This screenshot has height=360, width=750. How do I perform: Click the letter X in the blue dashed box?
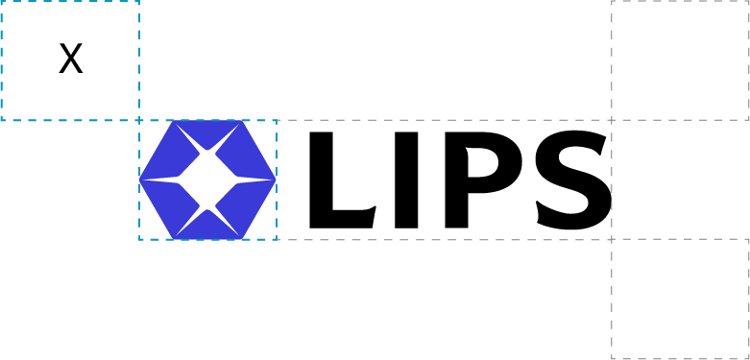point(71,59)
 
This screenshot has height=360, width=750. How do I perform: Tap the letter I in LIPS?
point(406,180)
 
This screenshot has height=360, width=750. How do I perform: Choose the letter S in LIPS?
point(573,180)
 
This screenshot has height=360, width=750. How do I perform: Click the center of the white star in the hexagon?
point(207,180)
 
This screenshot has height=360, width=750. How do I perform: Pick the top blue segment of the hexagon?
point(207,132)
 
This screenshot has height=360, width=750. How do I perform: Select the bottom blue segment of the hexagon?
point(207,227)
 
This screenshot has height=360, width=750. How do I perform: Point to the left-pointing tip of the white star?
point(140,180)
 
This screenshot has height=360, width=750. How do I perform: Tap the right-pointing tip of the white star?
point(275,180)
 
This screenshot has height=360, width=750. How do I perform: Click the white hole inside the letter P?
point(482,162)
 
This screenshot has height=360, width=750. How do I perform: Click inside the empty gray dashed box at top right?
point(680,60)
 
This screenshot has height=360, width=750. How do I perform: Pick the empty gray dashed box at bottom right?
point(680,299)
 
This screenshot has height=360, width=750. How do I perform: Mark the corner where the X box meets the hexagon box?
point(139,120)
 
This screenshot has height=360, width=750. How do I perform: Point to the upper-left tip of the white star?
point(175,123)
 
